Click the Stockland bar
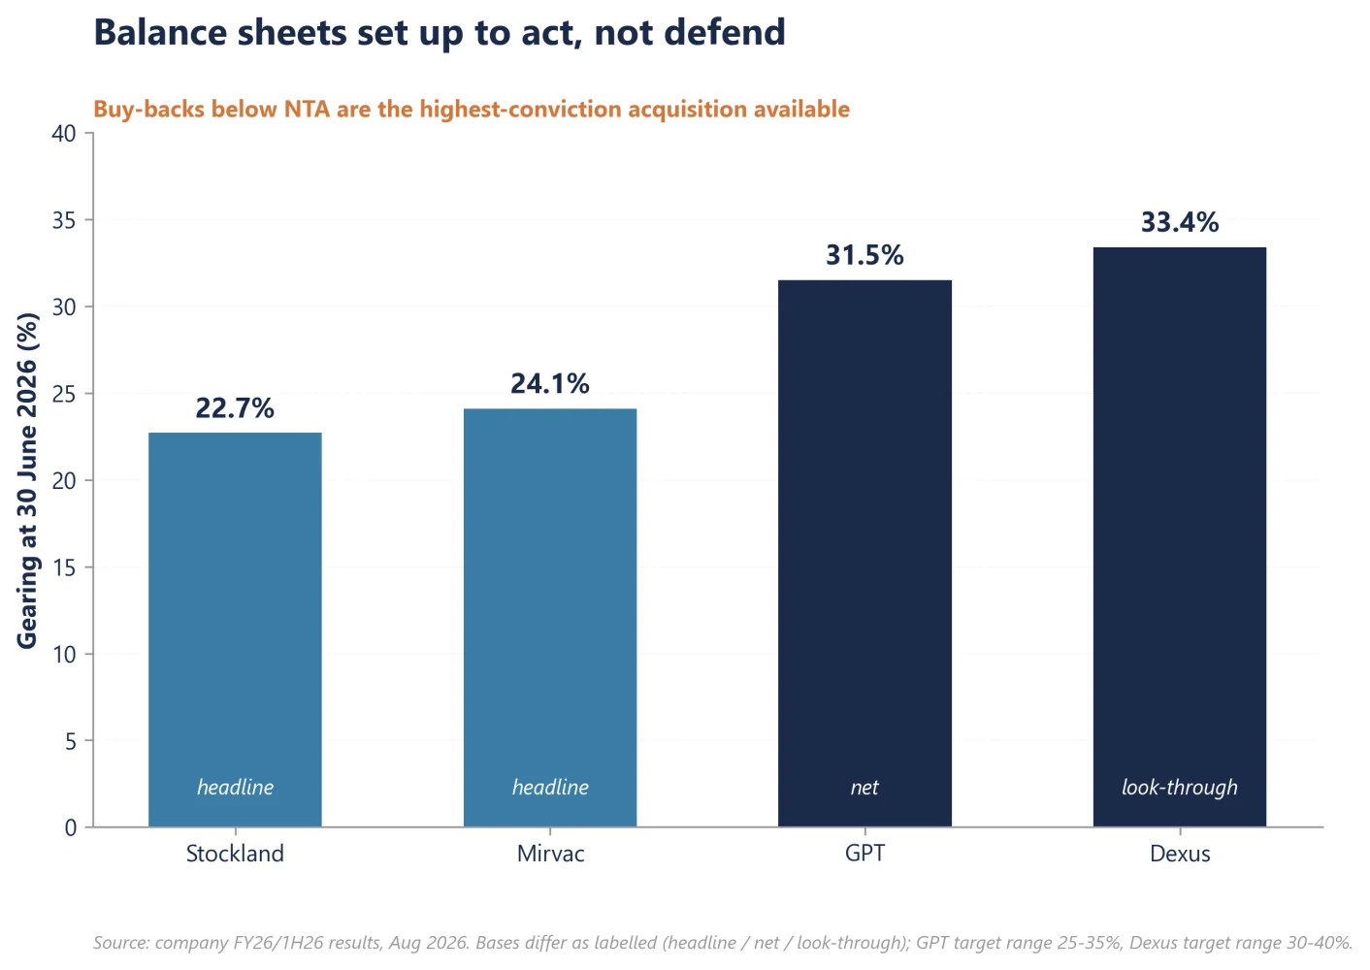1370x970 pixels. (235, 630)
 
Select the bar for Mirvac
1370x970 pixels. (550, 618)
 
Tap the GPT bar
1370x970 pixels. (864, 554)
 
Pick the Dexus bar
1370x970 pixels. (1180, 537)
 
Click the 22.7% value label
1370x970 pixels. (235, 408)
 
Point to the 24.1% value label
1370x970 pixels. (550, 383)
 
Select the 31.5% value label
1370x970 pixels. (864, 255)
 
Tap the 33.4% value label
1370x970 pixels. (1180, 222)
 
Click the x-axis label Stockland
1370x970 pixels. (235, 854)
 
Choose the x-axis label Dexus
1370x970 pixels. (1180, 854)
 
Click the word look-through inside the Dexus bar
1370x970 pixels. (1180, 787)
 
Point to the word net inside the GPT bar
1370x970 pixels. (864, 788)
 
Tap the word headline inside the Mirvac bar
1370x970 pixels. (550, 787)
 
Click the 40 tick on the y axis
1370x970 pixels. (64, 133)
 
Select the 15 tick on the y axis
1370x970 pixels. (64, 567)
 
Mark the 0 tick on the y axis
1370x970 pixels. (70, 828)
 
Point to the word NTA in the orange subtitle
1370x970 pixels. (307, 109)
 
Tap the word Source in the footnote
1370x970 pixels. (121, 943)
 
